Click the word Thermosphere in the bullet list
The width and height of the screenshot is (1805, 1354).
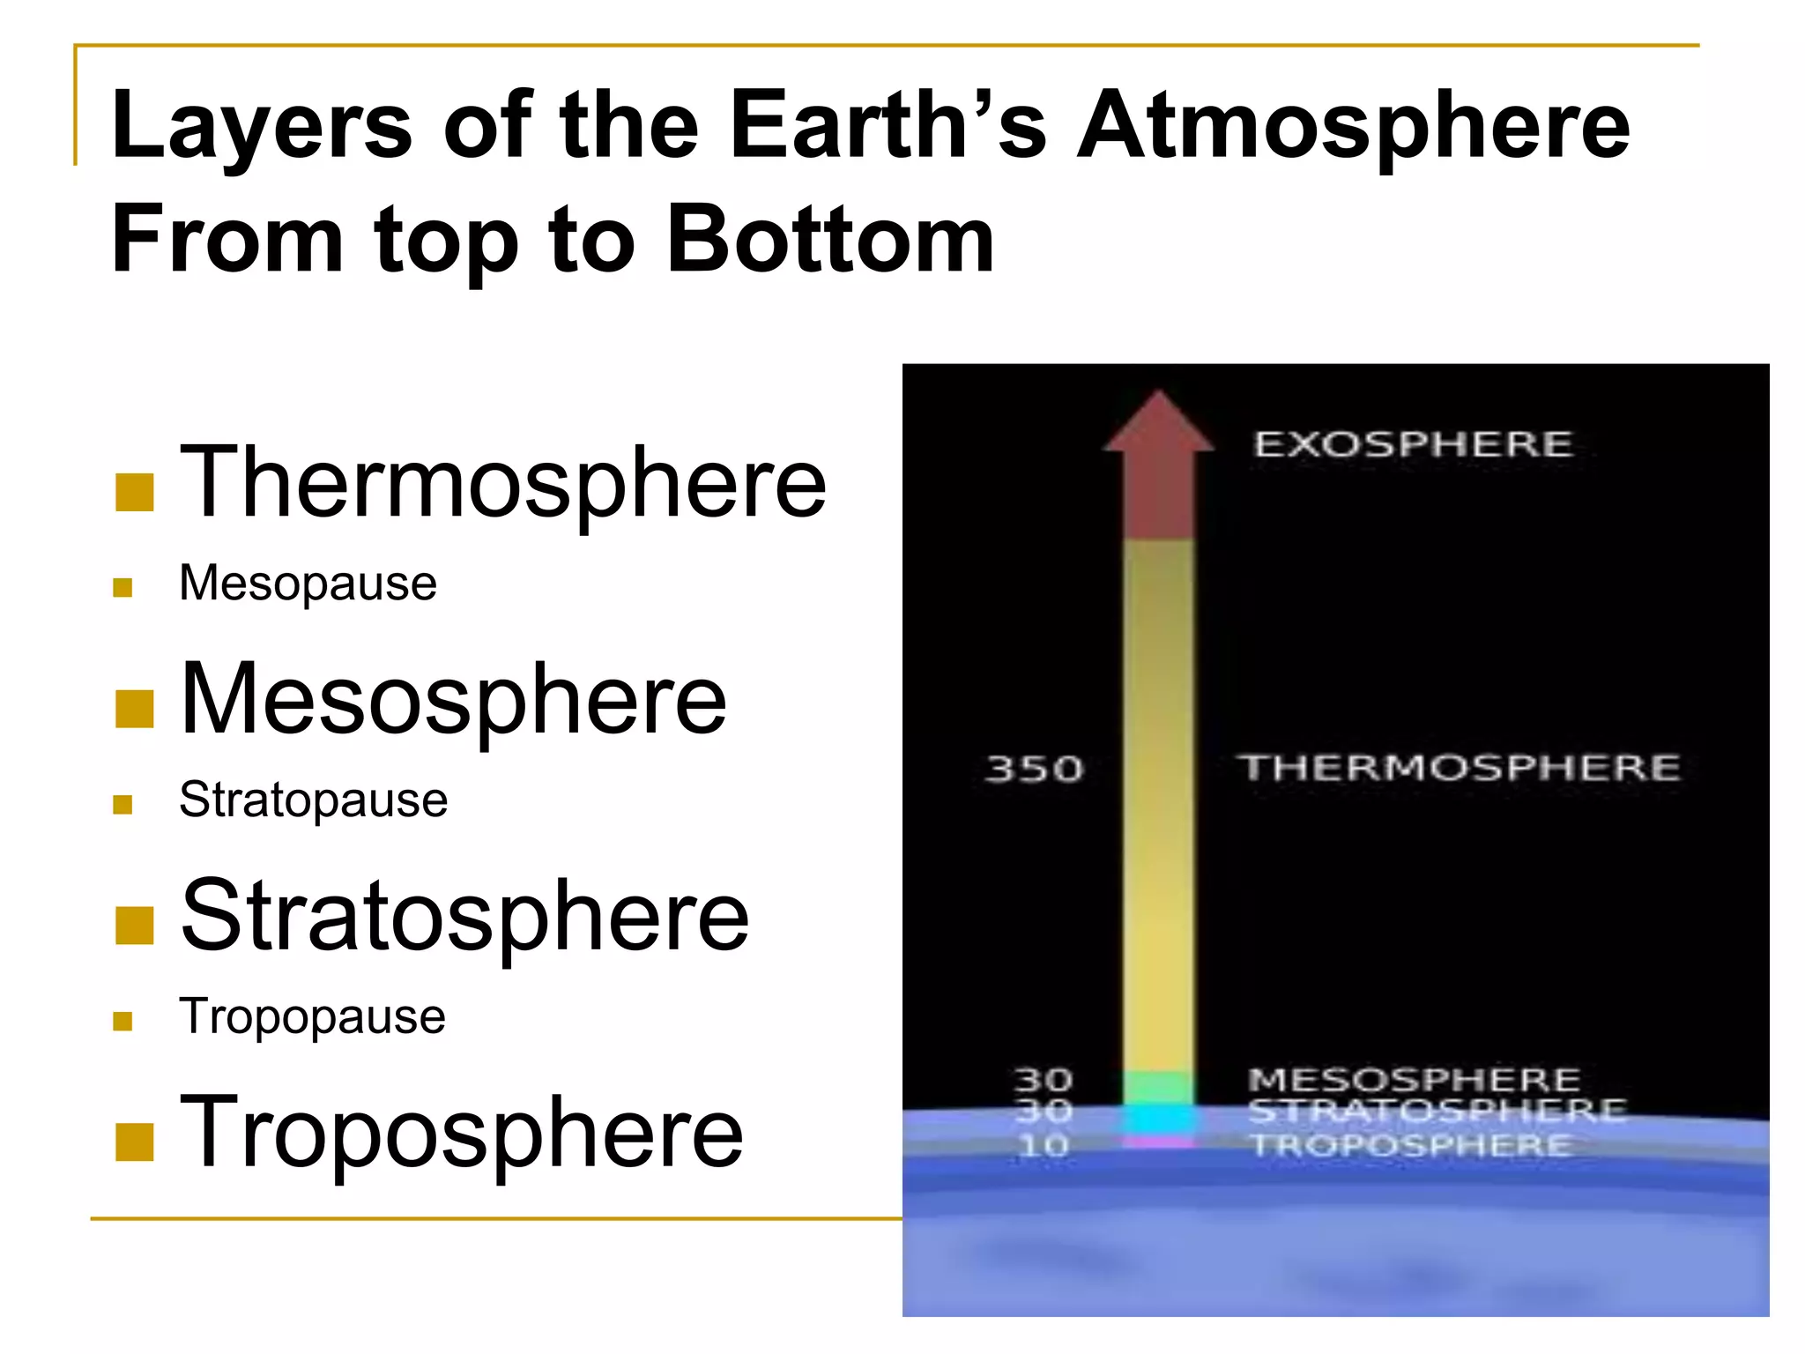(x=502, y=483)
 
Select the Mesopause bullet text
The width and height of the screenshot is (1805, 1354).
(x=308, y=584)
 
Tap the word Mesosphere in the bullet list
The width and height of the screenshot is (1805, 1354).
(x=453, y=699)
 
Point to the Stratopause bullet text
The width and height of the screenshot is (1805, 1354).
(x=313, y=800)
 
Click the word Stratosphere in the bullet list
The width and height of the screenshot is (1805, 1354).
(x=464, y=916)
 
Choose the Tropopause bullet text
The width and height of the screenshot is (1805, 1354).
(x=312, y=1016)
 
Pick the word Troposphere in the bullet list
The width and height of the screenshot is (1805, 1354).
(x=461, y=1133)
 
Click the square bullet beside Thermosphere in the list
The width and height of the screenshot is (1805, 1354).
(x=135, y=493)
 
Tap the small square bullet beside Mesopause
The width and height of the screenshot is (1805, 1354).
(x=123, y=588)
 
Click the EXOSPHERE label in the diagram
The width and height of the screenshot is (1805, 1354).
(x=1413, y=444)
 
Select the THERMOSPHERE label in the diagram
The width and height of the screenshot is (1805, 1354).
(x=1459, y=768)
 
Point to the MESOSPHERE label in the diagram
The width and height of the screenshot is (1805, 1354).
(x=1414, y=1080)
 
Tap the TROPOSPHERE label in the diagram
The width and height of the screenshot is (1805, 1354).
(x=1410, y=1146)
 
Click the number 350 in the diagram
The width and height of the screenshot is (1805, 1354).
(x=1034, y=770)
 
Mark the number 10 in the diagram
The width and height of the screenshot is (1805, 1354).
(x=1044, y=1146)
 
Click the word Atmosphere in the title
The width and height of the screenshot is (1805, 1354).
(x=1353, y=126)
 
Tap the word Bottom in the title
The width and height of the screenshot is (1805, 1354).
(x=830, y=239)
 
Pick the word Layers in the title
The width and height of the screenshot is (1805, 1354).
(x=262, y=126)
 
